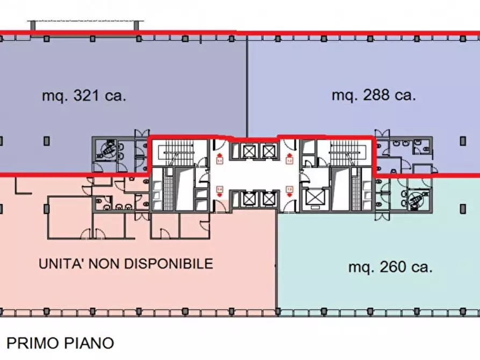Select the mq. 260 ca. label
pyautogui.click(x=390, y=267)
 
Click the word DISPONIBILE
pyautogui.click(x=169, y=264)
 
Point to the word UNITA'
pyautogui.click(x=60, y=264)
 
